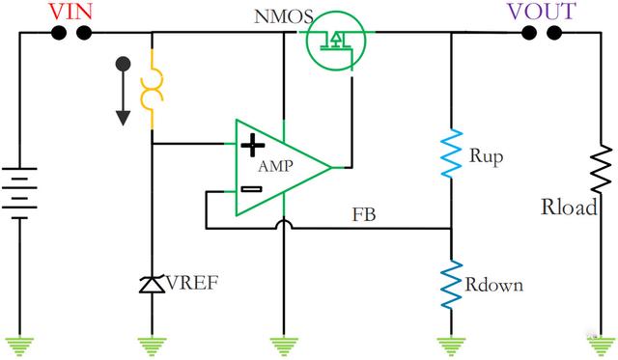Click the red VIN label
70,12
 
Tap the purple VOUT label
542,12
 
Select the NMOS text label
284,17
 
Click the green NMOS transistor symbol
336,41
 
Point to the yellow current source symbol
152,90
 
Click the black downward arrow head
123,118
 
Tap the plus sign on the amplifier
253,145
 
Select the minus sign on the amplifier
251,189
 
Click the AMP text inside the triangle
275,166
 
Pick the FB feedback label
364,215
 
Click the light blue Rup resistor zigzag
451,153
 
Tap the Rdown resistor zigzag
451,284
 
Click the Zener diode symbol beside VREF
153,284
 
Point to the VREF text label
192,283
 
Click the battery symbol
19,193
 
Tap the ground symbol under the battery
19,346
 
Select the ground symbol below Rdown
451,346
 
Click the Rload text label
569,207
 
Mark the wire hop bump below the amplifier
284,223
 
